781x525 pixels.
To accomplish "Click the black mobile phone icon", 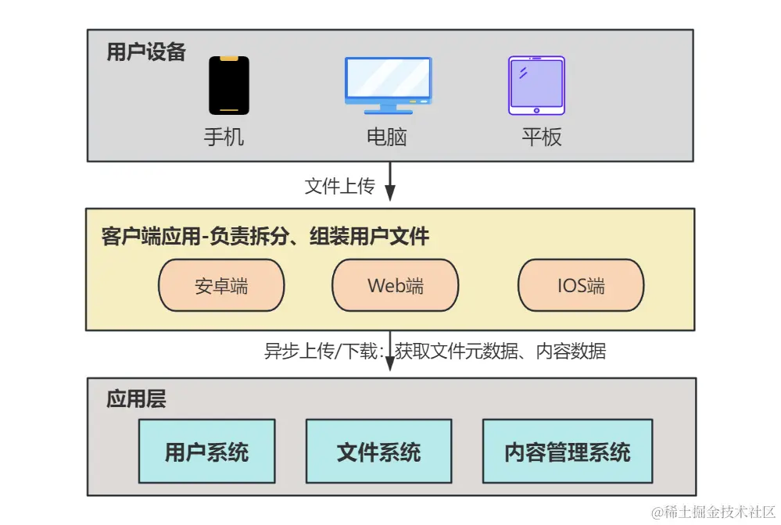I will (x=228, y=85).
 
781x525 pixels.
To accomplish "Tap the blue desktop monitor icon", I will (x=388, y=84).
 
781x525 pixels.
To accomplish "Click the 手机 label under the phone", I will (x=224, y=137).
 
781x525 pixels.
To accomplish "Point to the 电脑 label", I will (x=387, y=137).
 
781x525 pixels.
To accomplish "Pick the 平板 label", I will (x=542, y=137).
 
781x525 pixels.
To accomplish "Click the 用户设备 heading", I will (x=146, y=52).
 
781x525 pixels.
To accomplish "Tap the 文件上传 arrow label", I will (x=339, y=187).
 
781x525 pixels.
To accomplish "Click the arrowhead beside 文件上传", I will (x=391, y=192).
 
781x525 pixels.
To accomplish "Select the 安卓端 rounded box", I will (x=221, y=285).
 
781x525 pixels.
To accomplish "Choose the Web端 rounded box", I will (x=396, y=285).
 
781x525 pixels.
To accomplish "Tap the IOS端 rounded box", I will (x=581, y=285).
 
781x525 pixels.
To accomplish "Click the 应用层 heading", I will (x=136, y=401).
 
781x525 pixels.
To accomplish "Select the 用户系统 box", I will (x=206, y=452).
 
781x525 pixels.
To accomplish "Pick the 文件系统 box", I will (x=378, y=452).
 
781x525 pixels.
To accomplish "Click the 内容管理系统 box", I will (x=568, y=452).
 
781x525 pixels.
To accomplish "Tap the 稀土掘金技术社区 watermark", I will (x=712, y=512).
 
